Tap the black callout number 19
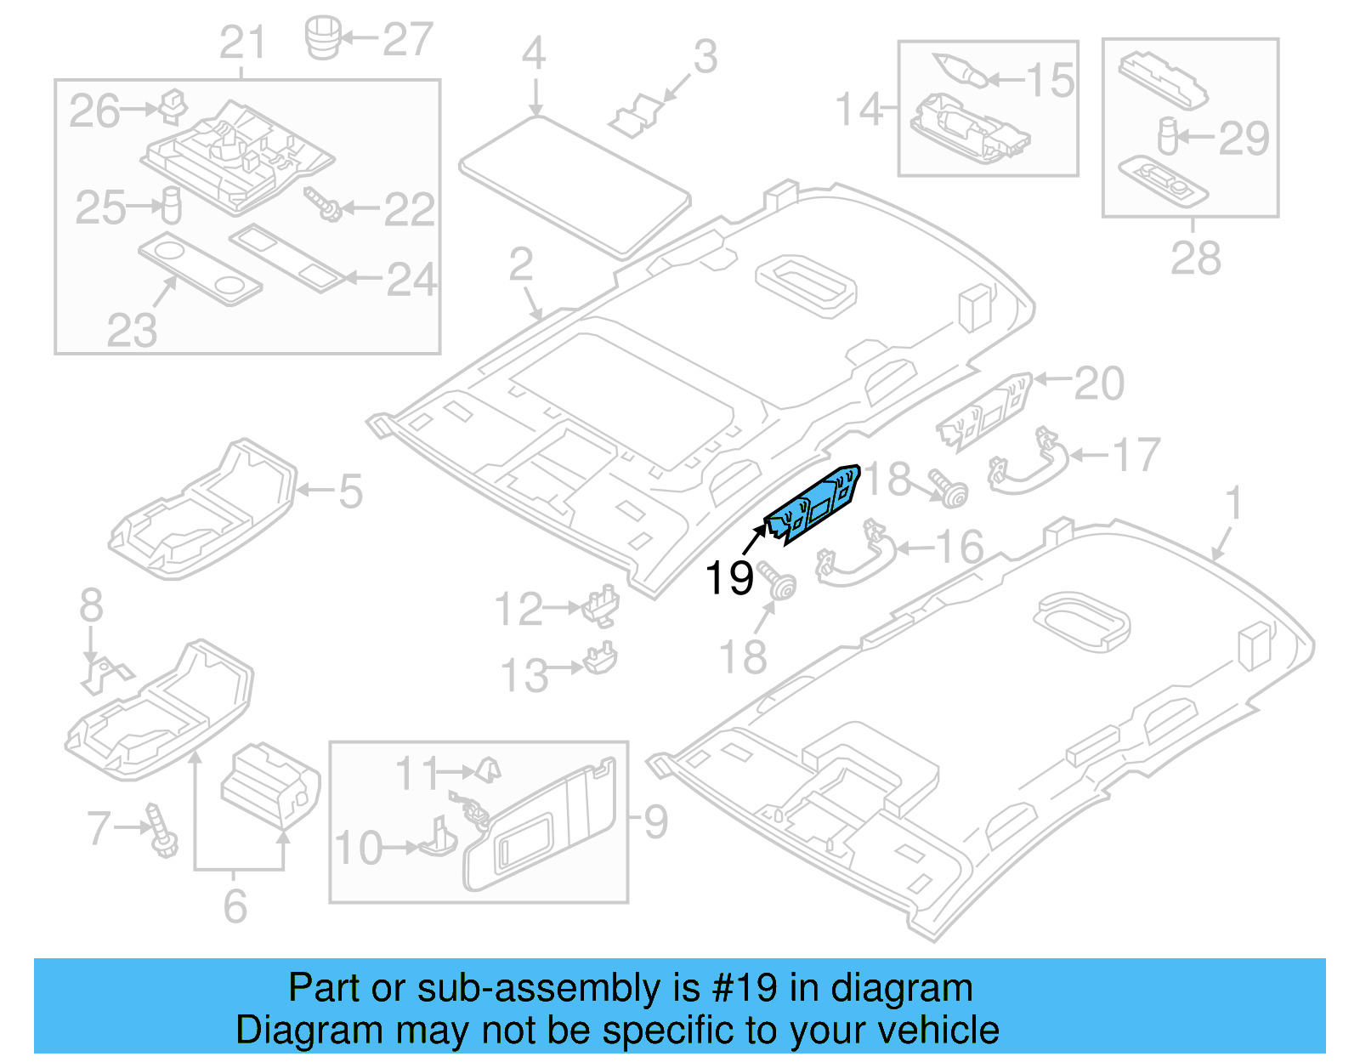point(729,578)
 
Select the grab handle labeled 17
point(1028,463)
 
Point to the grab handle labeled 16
point(854,557)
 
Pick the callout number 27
point(408,39)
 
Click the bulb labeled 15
point(960,69)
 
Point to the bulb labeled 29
point(1168,135)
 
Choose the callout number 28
point(1195,258)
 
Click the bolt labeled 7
point(161,830)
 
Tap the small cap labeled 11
point(488,770)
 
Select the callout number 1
point(1234,503)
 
